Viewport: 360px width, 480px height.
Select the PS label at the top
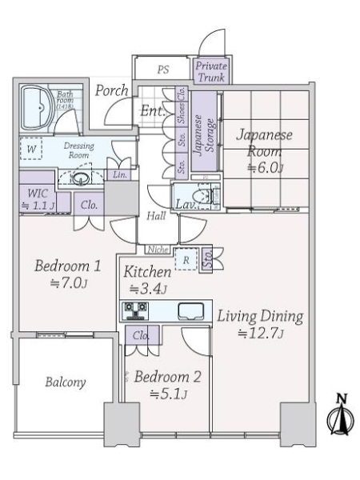(x=163, y=70)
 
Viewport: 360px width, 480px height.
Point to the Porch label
(x=112, y=90)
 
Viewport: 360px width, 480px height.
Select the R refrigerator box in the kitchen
(x=186, y=259)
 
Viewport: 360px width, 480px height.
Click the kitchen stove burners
(x=133, y=310)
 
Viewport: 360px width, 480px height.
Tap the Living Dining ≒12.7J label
(x=260, y=324)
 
